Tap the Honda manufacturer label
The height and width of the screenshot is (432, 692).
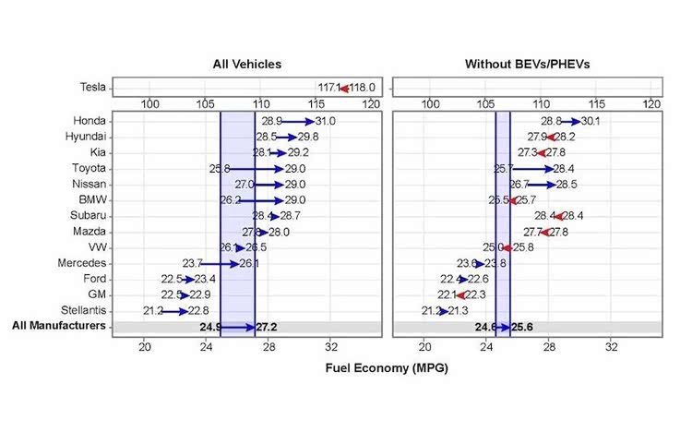90,121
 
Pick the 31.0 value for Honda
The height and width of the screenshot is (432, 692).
325,121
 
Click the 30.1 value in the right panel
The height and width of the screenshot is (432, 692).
591,121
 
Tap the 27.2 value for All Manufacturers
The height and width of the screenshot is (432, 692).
268,327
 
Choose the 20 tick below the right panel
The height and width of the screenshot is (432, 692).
424,347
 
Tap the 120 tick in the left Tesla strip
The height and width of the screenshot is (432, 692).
372,104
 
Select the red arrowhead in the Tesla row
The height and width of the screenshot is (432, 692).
344,89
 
